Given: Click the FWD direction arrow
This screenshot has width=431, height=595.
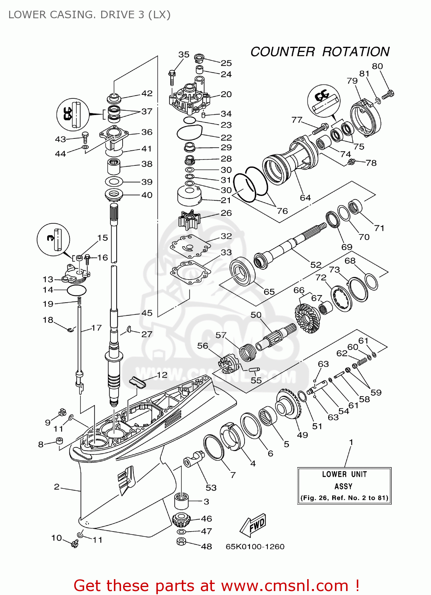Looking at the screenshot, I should tap(253, 525).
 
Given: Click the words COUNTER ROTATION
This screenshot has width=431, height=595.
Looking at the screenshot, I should tap(320, 52).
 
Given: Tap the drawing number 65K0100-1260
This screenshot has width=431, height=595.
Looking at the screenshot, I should tap(255, 547).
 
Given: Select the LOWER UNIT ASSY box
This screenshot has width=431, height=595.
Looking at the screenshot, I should tap(344, 486).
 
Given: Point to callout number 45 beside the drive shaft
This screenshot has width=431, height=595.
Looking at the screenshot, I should tap(147, 313).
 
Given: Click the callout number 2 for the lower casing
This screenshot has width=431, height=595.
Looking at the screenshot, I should tap(57, 487).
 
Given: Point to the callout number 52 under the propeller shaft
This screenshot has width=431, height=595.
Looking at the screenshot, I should tap(316, 265).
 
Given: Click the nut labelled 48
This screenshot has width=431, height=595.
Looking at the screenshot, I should tap(181, 542).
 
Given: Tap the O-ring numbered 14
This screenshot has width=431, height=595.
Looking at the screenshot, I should tap(77, 290).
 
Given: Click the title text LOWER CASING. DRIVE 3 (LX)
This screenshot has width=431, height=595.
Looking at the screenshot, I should tap(89, 15).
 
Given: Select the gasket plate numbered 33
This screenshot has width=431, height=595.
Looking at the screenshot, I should tap(190, 273).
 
